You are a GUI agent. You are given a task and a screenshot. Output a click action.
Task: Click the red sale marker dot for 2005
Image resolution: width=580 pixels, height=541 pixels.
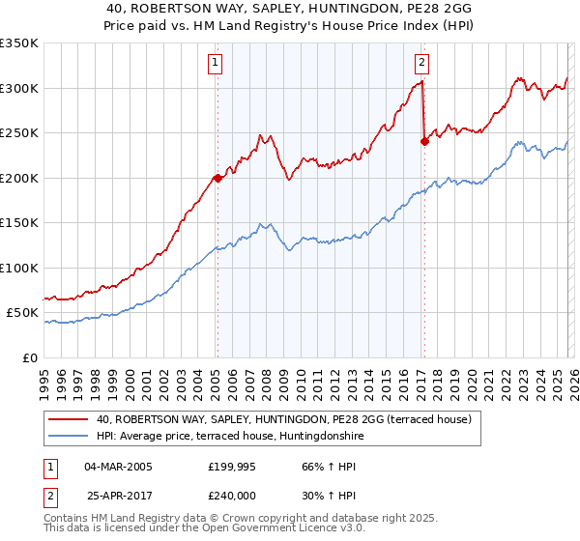[217, 178]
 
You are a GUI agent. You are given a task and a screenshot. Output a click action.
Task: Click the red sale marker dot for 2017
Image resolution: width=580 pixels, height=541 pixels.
[424, 141]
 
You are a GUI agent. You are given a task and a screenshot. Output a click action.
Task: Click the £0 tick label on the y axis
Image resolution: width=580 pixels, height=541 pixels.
[30, 357]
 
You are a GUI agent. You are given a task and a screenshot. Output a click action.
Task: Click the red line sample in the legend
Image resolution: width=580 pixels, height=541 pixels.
[69, 419]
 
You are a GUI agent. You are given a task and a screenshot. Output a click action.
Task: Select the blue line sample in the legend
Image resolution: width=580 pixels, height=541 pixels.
[69, 436]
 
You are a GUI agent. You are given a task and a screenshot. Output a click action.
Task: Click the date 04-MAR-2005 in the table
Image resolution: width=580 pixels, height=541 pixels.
[118, 467]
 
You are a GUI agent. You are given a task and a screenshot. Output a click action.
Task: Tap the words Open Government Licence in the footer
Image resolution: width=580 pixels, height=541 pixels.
[283, 530]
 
